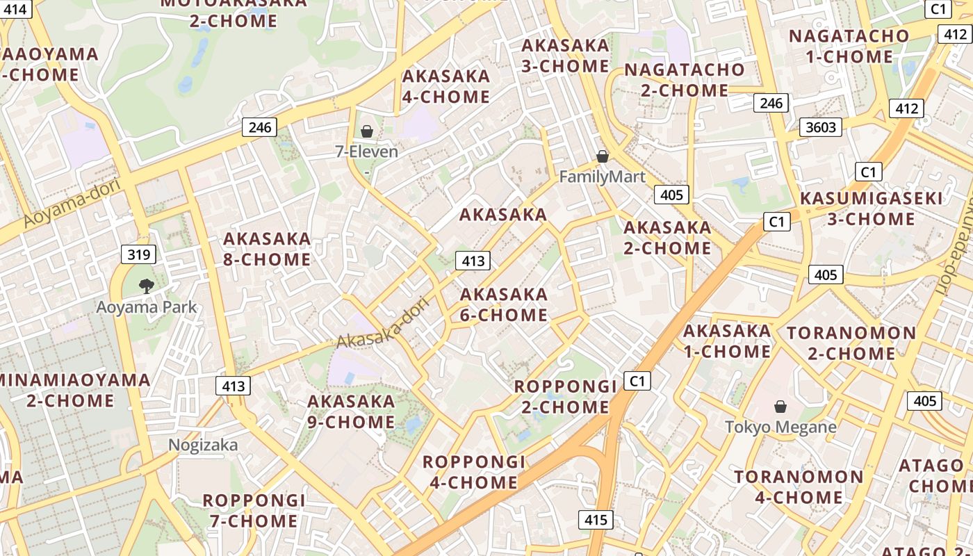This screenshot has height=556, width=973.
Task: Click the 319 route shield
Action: pyautogui.click(x=139, y=254)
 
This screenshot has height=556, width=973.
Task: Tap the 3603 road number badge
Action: pyautogui.click(x=821, y=127)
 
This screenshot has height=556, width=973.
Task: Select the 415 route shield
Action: pyautogui.click(x=596, y=519)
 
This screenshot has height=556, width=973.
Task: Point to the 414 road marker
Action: pyautogui.click(x=16, y=9)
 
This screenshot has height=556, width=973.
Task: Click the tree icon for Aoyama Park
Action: pyautogui.click(x=146, y=285)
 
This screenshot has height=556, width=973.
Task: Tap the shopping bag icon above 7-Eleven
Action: pyautogui.click(x=367, y=131)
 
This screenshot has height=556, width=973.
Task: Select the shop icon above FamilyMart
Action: pyautogui.click(x=603, y=156)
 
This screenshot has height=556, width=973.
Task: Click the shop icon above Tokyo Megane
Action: pyautogui.click(x=780, y=406)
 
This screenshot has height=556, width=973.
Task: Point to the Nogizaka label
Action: pyautogui.click(x=204, y=445)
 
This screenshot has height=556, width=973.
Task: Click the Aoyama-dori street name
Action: pyautogui.click(x=72, y=203)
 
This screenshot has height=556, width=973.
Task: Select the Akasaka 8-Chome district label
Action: pyautogui.click(x=267, y=249)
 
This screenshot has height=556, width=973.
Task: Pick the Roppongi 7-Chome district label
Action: pyautogui.click(x=254, y=510)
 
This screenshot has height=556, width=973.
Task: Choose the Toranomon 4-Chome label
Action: pyautogui.click(x=799, y=487)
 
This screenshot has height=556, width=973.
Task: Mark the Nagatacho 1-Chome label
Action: pyautogui.click(x=849, y=46)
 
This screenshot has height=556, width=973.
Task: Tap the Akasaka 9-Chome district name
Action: pyautogui.click(x=351, y=411)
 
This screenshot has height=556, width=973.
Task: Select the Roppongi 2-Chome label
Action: pyautogui.click(x=565, y=396)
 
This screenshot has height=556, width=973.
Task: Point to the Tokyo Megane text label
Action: pyautogui.click(x=780, y=427)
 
